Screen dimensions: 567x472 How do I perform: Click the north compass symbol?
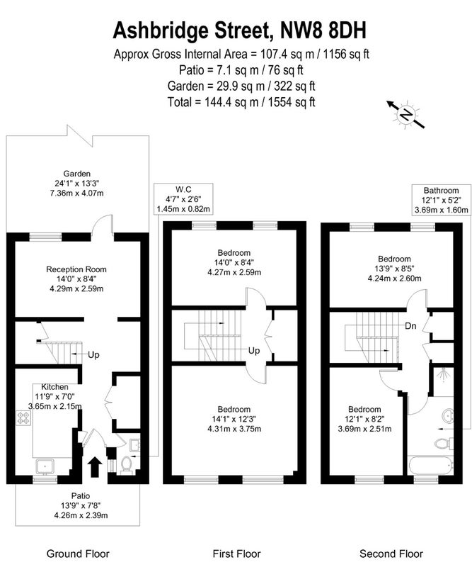point(405,114)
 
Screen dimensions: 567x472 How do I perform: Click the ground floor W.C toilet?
point(126,464)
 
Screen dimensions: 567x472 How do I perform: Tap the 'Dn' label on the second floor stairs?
point(410,327)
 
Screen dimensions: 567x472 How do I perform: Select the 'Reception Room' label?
point(76,269)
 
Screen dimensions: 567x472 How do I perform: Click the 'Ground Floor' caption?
point(76,554)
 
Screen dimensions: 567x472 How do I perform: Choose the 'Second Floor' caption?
point(391,554)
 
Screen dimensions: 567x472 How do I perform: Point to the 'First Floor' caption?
point(236,554)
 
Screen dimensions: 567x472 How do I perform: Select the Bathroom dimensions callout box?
point(442,201)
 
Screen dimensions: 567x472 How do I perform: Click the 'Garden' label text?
point(76,174)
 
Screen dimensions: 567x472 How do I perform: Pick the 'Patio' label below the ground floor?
point(80,495)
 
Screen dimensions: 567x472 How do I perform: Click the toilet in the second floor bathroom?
point(443,443)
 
